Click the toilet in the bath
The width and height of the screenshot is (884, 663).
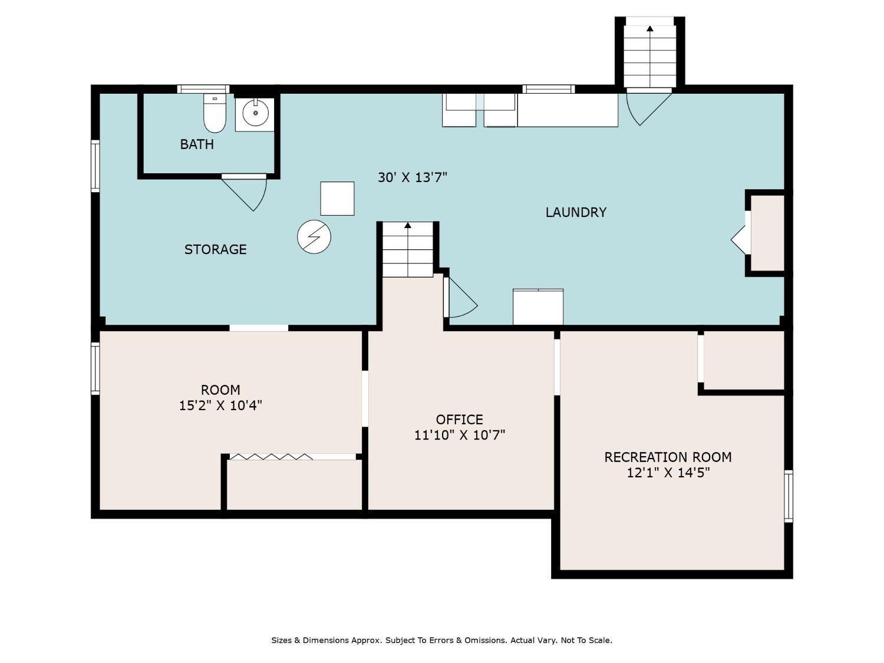click(215, 113)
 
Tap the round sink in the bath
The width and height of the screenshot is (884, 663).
click(255, 113)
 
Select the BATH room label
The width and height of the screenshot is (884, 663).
click(196, 144)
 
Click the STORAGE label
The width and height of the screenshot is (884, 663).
click(216, 249)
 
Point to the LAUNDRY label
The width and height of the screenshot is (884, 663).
click(576, 212)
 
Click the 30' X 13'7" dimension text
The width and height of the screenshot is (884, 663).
click(413, 177)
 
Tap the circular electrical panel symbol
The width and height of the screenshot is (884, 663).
click(314, 237)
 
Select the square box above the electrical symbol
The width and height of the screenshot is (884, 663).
click(337, 199)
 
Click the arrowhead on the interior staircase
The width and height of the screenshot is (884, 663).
click(408, 226)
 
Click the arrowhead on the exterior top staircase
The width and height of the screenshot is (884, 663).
click(649, 28)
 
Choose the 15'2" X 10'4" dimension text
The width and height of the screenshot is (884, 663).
click(220, 405)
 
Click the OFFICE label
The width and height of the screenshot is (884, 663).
click(460, 420)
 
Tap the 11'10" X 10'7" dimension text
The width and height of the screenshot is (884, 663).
click(460, 435)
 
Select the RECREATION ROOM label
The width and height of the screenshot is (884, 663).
click(668, 457)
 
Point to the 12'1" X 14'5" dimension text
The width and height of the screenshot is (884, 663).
click(668, 473)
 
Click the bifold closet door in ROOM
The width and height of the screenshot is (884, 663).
click(271, 457)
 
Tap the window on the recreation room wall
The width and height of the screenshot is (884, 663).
click(789, 496)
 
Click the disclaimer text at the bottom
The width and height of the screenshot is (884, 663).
click(442, 640)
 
